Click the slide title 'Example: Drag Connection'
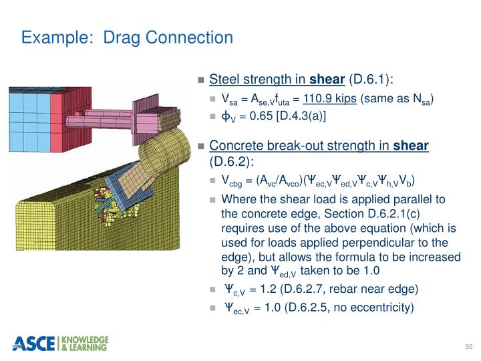(x=127, y=37)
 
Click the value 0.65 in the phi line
(x=263, y=116)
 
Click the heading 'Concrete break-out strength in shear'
(x=319, y=146)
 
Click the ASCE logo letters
(x=35, y=343)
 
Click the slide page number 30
(x=468, y=346)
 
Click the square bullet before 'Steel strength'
(x=201, y=80)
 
